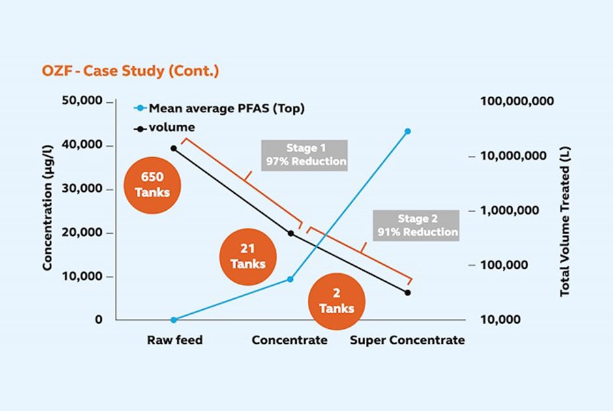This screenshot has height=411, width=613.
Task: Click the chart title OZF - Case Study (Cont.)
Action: pyautogui.click(x=130, y=71)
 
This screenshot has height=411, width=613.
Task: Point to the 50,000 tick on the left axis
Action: pyautogui.click(x=82, y=102)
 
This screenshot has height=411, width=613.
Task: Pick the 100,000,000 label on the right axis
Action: pyautogui.click(x=517, y=101)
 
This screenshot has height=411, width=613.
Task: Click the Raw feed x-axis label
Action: pyautogui.click(x=174, y=340)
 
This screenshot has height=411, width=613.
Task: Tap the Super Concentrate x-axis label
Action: pyautogui.click(x=408, y=340)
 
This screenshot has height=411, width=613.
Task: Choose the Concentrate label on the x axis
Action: pyautogui.click(x=290, y=340)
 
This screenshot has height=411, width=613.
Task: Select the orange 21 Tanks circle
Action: pyautogui.click(x=248, y=256)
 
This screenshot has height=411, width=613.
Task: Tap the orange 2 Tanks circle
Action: pyautogui.click(x=336, y=301)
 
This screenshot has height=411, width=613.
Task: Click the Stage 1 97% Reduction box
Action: pyautogui.click(x=305, y=155)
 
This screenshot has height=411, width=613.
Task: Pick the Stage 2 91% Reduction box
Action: pyautogui.click(x=417, y=226)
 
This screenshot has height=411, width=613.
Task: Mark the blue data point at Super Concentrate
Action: pyautogui.click(x=408, y=131)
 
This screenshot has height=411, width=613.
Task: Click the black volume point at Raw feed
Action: pyautogui.click(x=173, y=148)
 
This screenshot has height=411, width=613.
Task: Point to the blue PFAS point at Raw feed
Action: pyautogui.click(x=173, y=320)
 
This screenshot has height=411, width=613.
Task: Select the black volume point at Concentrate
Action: pyautogui.click(x=291, y=233)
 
